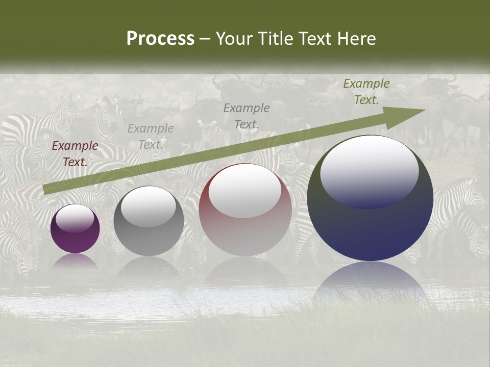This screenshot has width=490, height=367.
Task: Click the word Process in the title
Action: point(160,39)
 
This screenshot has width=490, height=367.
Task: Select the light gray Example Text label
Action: point(151,137)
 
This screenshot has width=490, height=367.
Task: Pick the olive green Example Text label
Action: point(366,92)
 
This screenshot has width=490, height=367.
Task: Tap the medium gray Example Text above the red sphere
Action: point(247,116)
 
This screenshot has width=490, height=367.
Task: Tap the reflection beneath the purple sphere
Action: point(75,261)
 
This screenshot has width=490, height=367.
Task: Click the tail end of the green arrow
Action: point(46,190)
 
